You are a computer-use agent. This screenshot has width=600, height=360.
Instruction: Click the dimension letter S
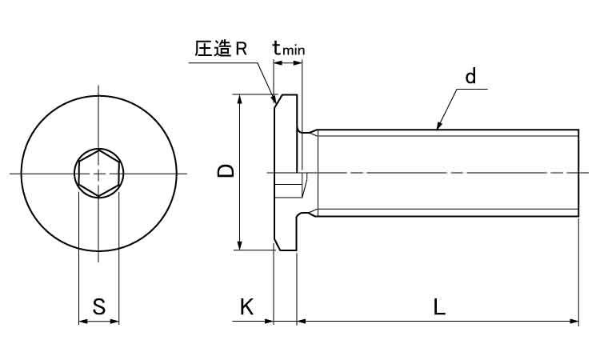click(98, 306)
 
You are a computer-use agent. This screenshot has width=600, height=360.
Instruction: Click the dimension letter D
click(226, 171)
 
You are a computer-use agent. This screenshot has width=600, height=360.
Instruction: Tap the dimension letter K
click(246, 306)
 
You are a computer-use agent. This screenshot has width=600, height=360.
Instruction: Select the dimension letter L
click(439, 306)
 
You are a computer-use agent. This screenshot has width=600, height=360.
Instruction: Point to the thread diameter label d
click(470, 77)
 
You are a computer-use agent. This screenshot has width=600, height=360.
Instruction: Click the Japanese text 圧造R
click(220, 49)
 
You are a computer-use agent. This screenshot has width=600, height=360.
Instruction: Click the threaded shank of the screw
click(448, 172)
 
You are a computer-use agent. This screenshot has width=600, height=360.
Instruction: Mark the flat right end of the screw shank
click(578, 172)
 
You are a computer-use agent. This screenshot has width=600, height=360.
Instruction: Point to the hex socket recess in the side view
click(290, 189)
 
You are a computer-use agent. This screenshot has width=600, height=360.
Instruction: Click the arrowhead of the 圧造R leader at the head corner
click(274, 102)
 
